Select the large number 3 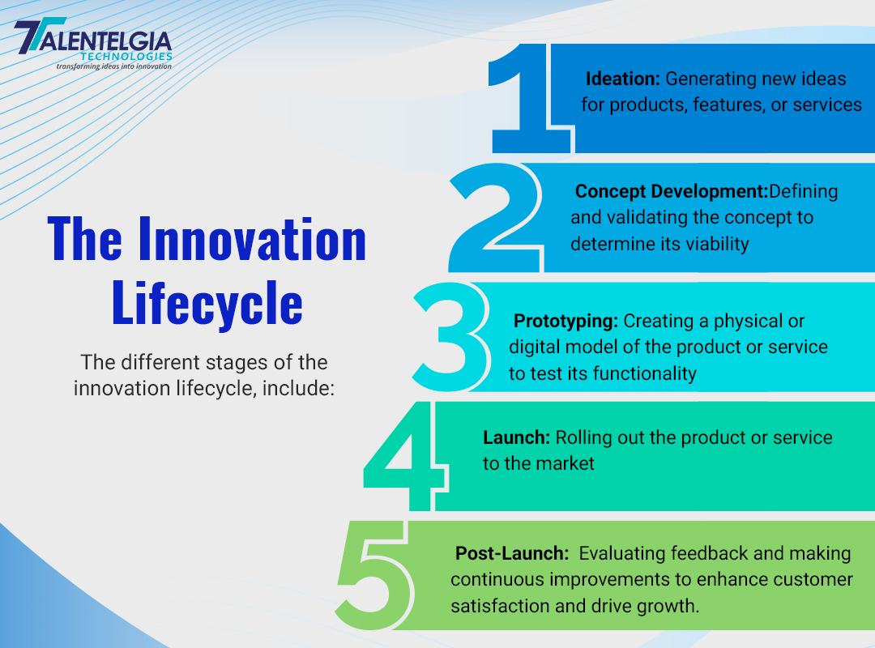click(451, 337)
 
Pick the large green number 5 click(375, 575)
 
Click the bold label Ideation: click(623, 79)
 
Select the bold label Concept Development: click(672, 191)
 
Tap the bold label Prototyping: click(566, 321)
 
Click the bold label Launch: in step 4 click(517, 437)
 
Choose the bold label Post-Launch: click(512, 553)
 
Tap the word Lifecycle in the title click(207, 304)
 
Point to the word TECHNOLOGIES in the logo click(126, 57)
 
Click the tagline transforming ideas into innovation click(114, 66)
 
